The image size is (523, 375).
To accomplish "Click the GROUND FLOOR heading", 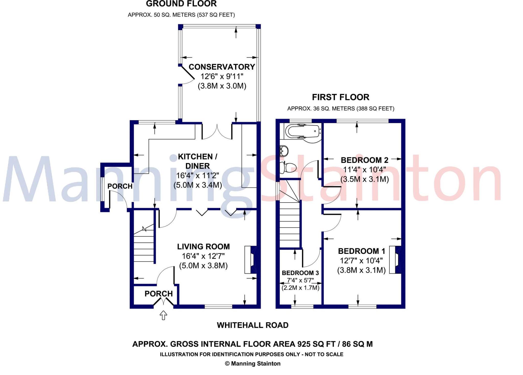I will coord(181,4).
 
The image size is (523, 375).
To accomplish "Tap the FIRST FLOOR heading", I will coord(340,97).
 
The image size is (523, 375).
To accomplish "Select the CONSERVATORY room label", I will coord(222,67).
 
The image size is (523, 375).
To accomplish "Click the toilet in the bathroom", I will coord(289,167).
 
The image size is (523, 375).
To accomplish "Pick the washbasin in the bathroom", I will coord(284,151).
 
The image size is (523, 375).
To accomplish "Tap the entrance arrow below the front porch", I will coord(163,315).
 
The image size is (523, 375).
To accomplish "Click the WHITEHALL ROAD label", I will coord(253,325).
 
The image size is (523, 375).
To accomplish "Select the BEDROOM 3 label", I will coord(300,273).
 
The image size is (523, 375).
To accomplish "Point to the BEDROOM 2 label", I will coord(364,160).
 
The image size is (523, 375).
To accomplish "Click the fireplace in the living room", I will coord(250,260).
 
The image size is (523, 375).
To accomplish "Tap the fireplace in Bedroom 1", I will coord(395,260).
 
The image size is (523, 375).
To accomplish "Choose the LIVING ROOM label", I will coord(203,247).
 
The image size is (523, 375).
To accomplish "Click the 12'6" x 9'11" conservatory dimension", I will coord(222,76).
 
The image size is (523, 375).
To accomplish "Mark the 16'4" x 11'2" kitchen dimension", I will coord(198,176).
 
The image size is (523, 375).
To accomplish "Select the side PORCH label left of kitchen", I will coord(120,186).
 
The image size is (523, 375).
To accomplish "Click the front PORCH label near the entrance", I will coord(159,294).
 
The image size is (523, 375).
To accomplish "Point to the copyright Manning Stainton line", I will coord(253,364).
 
